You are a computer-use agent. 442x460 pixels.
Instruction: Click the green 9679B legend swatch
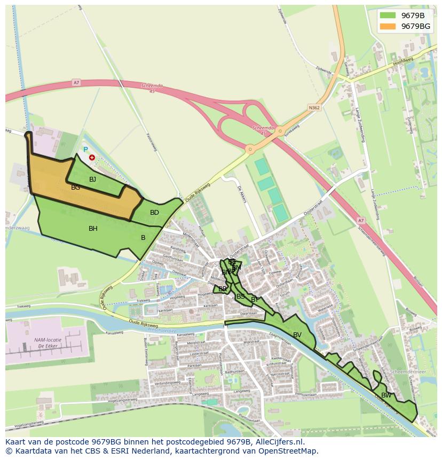[388, 15]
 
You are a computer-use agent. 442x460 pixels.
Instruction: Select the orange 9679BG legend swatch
[388, 26]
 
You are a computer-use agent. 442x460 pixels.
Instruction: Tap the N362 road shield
[314, 107]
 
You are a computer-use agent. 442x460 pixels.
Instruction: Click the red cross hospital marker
[92, 158]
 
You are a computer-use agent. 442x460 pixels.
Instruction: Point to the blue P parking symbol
[85, 150]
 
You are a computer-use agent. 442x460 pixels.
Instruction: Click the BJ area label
[92, 180]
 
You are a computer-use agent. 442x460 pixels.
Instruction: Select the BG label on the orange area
[76, 188]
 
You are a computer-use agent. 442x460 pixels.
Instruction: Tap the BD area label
[154, 213]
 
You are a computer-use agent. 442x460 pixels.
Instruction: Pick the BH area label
[93, 229]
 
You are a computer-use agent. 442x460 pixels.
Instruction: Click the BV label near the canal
[297, 335]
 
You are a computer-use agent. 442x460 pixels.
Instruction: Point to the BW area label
[386, 395]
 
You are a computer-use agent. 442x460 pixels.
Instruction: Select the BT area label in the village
[255, 300]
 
